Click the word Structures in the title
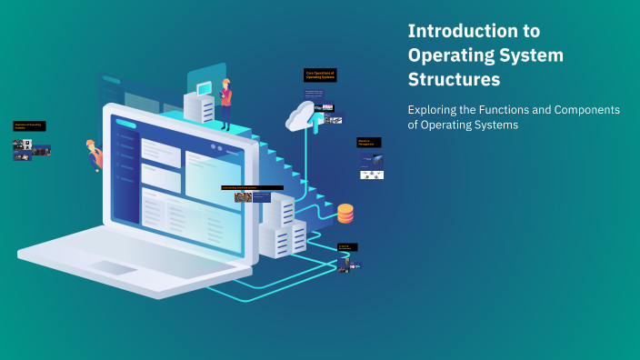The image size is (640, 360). coord(455,80)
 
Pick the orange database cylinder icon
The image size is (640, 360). coord(345,214)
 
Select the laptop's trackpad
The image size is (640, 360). coord(112,267)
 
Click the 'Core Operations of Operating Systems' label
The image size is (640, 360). coord(320,75)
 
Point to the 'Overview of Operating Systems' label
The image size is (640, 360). coord(28,125)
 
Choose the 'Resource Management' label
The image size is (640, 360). coord(368,143)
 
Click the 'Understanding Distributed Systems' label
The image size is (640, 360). coord(252,188)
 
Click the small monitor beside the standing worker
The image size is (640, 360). coord(204,87)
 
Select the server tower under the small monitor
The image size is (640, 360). coord(199,109)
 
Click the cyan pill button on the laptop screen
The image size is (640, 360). coord(126,125)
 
